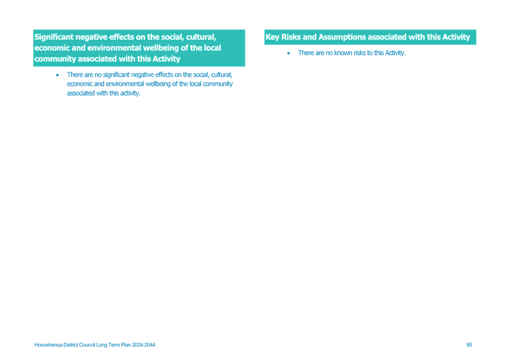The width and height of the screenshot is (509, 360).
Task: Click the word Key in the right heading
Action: pyautogui.click(x=273, y=37)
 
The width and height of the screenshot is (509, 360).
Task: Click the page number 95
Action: pyautogui.click(x=469, y=345)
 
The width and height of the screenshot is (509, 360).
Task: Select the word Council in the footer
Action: pyautogui.click(x=87, y=345)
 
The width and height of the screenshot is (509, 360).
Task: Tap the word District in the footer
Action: pyautogui.click(x=70, y=345)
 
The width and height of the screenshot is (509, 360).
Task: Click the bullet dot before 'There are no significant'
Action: pyautogui.click(x=58, y=75)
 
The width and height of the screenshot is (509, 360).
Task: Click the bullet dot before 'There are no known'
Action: pyautogui.click(x=288, y=53)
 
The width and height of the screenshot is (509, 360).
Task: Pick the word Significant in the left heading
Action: pyautogui.click(x=54, y=37)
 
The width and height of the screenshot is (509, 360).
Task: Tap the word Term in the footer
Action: pyautogui.click(x=114, y=345)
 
